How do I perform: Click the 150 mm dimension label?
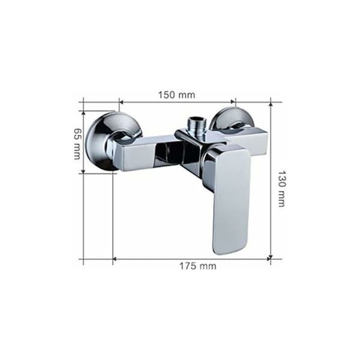coord(176,95)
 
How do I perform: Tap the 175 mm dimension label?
coord(197,266)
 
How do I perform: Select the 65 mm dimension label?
coord(77,143)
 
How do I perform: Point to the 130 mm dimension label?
coord(281,189)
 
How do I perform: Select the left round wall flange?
coord(110,141)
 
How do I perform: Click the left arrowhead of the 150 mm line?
coord(122,102)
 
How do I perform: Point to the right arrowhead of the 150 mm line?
coord(233,102)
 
